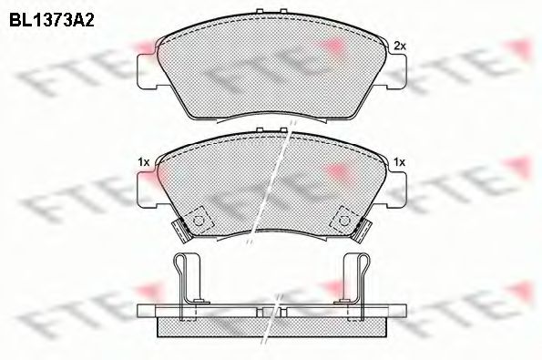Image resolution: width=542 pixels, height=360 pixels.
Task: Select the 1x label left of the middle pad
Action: (143, 161)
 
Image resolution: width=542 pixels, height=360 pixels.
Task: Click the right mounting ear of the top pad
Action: (394, 71)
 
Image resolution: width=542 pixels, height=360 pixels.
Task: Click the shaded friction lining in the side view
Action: (219, 326)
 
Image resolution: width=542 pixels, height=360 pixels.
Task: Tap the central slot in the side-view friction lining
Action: (271, 324)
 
